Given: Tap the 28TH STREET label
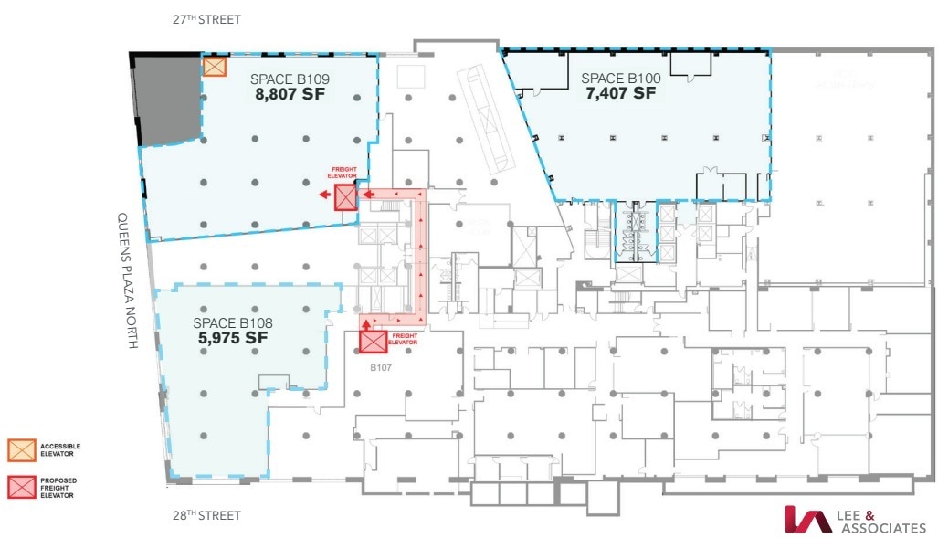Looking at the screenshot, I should (x=207, y=515).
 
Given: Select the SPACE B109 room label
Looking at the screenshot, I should (x=290, y=79).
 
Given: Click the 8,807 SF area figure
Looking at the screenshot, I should (x=290, y=93).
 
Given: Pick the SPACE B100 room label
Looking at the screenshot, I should (x=620, y=79).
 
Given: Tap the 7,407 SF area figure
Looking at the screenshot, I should (x=620, y=93).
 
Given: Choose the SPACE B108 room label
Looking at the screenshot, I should (x=233, y=322).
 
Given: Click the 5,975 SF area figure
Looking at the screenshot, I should (x=233, y=337).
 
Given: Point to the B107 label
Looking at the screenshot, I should (x=381, y=369).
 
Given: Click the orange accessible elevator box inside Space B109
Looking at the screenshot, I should (x=215, y=67).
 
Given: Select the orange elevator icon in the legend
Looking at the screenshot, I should (x=21, y=449).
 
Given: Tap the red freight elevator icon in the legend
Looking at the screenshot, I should (x=21, y=487).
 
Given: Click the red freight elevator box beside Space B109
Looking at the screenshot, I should (x=346, y=197).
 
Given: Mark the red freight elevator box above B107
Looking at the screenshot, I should (x=373, y=342).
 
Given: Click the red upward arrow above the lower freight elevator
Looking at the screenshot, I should (x=367, y=322).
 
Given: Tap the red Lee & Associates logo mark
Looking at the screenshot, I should (x=807, y=520).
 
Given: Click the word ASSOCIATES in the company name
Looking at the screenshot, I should (x=883, y=528).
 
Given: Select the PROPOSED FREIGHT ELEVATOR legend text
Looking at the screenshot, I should (x=56, y=487).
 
